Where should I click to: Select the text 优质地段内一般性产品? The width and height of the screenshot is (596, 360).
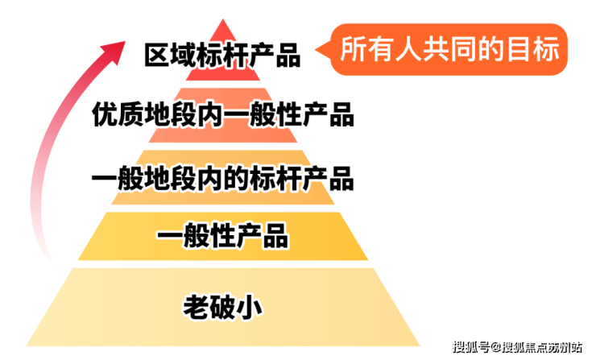(223, 115)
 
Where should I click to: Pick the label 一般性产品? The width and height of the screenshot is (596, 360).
(223, 238)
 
